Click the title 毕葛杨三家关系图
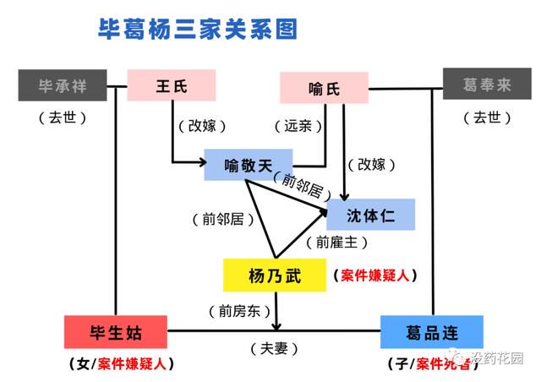pyautogui.click(x=198, y=29)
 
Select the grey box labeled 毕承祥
pyautogui.click(x=63, y=85)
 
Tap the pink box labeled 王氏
pyautogui.click(x=172, y=85)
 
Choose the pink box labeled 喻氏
pyautogui.click(x=324, y=88)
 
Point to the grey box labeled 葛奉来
pyautogui.click(x=487, y=84)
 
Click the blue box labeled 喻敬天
pyautogui.click(x=249, y=165)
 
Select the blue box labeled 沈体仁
pyautogui.click(x=370, y=215)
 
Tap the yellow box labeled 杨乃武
pyautogui.click(x=275, y=276)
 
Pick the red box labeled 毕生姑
pyautogui.click(x=116, y=332)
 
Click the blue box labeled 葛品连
pyautogui.click(x=432, y=332)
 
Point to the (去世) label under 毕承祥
pyautogui.click(x=63, y=117)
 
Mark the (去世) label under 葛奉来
pyautogui.click(x=487, y=117)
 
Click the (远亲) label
pyautogui.click(x=298, y=126)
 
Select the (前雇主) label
pyautogui.click(x=336, y=243)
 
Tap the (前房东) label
pyautogui.click(x=239, y=311)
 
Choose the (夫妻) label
pyautogui.click(x=274, y=348)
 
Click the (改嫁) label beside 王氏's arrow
pyautogui.click(x=202, y=126)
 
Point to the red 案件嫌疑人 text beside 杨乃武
pyautogui.click(x=375, y=276)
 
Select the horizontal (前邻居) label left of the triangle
pyautogui.click(x=223, y=219)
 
